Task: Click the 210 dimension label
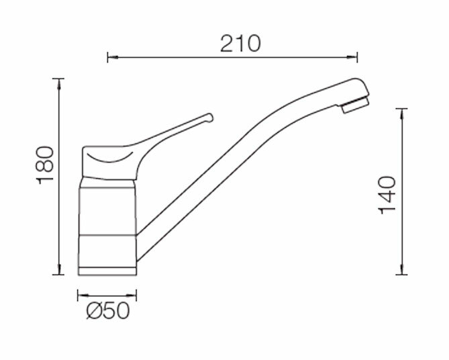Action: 240,44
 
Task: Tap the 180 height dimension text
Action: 45,165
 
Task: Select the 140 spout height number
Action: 387,195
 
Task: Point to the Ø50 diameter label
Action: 108,311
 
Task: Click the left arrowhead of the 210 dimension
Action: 113,57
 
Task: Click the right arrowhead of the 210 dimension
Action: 352,57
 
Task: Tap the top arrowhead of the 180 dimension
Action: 59,83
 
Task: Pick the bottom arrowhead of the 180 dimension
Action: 59,269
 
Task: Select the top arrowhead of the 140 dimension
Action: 402,114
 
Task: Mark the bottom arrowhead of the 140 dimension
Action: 402,269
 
